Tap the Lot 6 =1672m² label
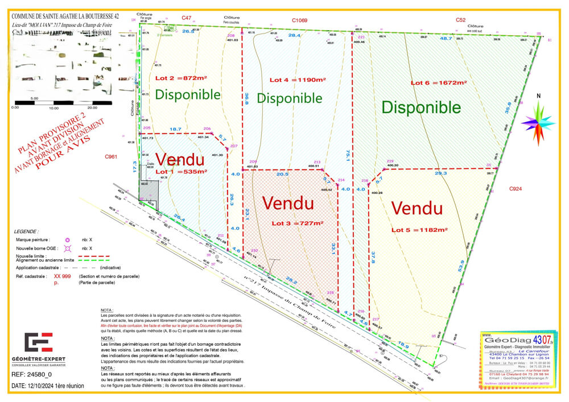click(438, 83)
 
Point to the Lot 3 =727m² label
click(296, 223)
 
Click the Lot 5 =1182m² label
click(419, 230)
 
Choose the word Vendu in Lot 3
click(288, 203)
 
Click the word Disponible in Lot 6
click(421, 107)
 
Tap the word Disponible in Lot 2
click(188, 94)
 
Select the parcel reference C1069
click(300, 20)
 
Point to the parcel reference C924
click(516, 188)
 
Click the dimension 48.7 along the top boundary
click(446, 38)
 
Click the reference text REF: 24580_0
click(32, 375)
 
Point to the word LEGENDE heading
click(27, 232)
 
